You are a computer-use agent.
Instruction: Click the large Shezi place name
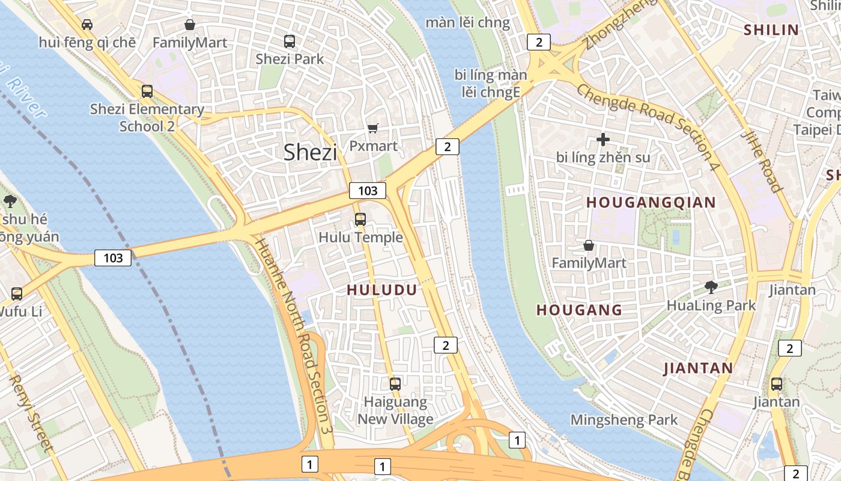[310, 152]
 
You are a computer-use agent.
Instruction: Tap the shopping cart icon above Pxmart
[373, 128]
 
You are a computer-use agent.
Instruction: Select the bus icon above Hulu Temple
[360, 219]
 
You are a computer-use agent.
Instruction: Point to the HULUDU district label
[382, 290]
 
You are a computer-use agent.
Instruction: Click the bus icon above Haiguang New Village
[395, 384]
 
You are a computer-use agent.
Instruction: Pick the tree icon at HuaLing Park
[711, 287]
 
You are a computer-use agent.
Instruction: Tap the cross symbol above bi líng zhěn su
[603, 139]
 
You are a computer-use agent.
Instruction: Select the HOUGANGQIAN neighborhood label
[651, 203]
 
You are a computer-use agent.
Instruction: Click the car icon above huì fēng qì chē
[87, 25]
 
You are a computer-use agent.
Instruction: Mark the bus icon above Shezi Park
[290, 41]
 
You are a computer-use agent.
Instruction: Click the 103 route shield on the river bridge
[113, 258]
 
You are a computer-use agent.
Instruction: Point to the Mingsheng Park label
[624, 420]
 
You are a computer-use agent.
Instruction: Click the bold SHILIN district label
[771, 30]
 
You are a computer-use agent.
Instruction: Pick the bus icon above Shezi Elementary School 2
[147, 91]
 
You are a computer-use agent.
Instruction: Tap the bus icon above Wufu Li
[17, 294]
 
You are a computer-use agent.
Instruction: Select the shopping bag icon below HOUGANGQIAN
[589, 245]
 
